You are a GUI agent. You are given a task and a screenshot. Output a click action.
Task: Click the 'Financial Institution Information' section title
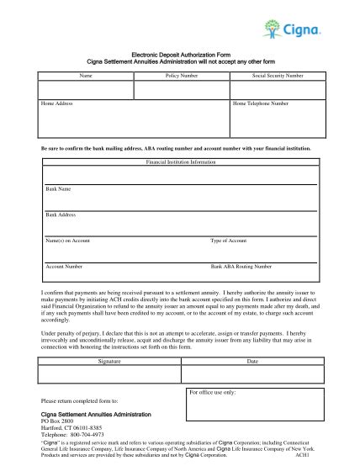[x=181, y=160]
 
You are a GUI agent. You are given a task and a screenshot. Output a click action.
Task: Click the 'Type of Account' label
[x=228, y=241]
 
